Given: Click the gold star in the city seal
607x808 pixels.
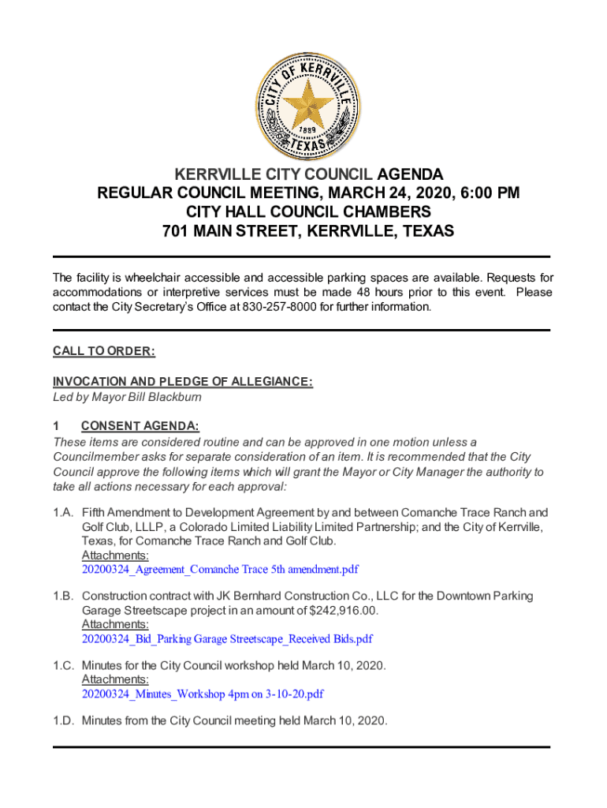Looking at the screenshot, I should (x=303, y=99).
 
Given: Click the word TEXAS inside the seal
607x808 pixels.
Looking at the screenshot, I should (x=303, y=144).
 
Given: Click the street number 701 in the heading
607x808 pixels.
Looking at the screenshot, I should (x=175, y=231).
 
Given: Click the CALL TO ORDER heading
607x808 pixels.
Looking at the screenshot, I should (x=103, y=350).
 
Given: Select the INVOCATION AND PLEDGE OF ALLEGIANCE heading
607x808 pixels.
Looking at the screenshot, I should (x=183, y=382).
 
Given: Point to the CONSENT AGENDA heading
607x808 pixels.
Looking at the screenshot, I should (x=140, y=427).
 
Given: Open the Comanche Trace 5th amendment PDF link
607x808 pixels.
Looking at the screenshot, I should (x=220, y=569).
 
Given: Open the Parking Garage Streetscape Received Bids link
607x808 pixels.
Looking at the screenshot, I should (x=227, y=638).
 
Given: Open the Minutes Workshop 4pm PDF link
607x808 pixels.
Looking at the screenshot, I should (x=203, y=694).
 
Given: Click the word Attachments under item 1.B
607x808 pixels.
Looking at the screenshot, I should (x=110, y=624).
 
